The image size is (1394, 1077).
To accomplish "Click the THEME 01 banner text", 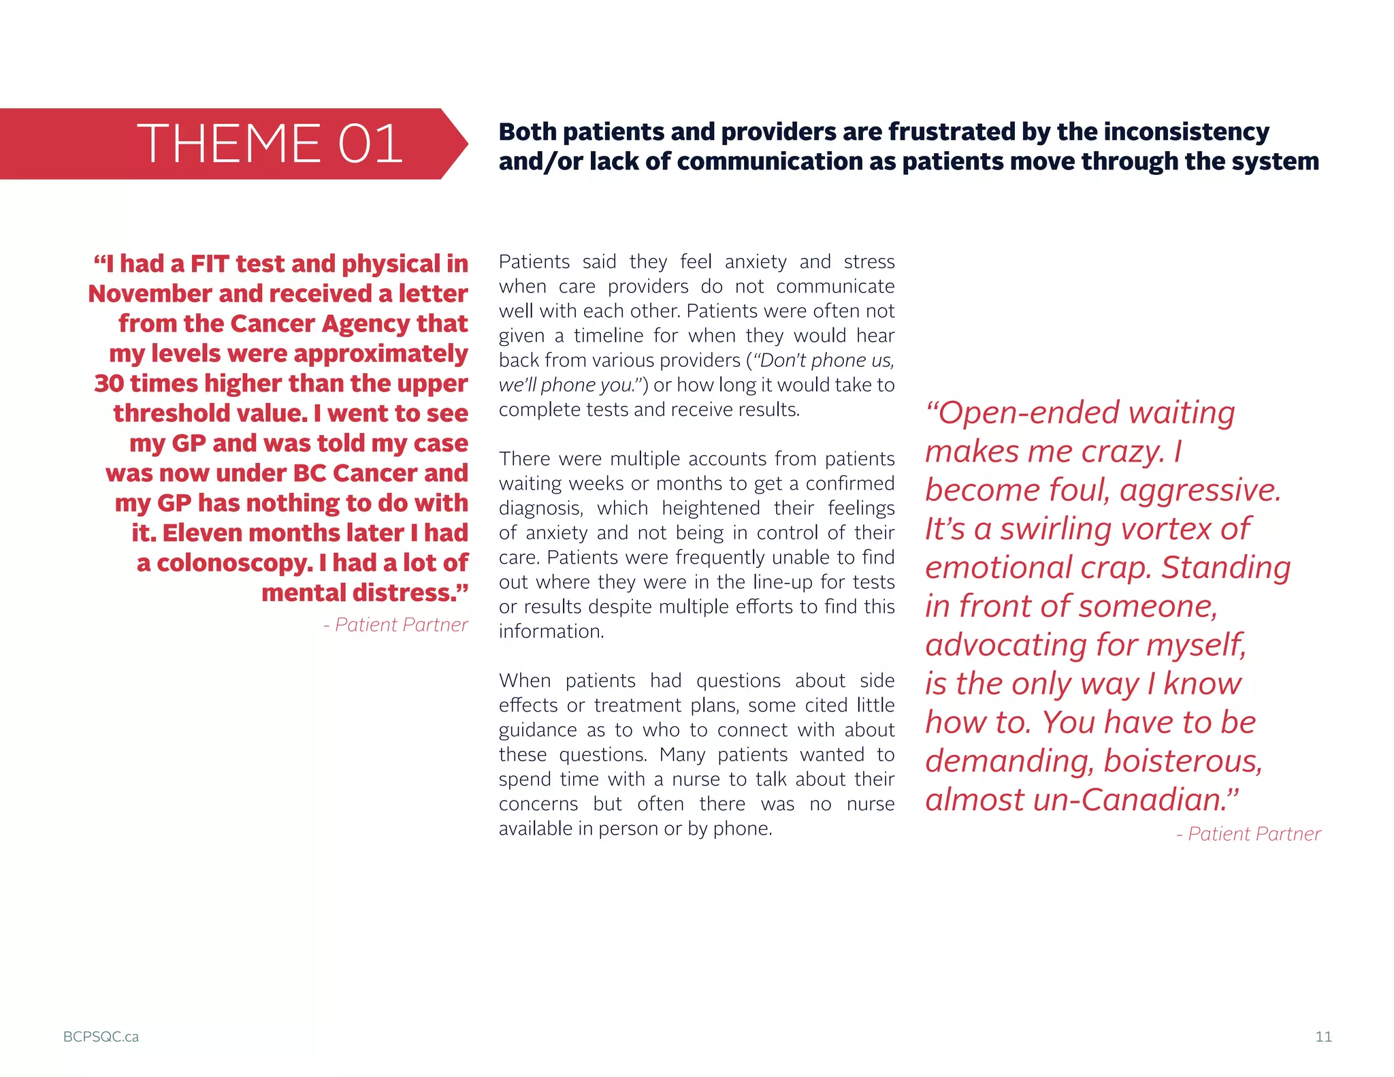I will pyautogui.click(x=270, y=144).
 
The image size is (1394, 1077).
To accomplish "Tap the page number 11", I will pyautogui.click(x=1323, y=1036).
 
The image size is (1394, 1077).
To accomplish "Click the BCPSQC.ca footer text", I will pyautogui.click(x=101, y=1036).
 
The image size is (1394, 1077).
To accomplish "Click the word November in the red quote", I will pyautogui.click(x=150, y=293).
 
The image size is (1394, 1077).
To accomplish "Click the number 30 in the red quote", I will pyautogui.click(x=109, y=383).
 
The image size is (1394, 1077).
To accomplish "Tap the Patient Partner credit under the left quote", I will pyautogui.click(x=395, y=624).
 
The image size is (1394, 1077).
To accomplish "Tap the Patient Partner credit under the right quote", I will pyautogui.click(x=1248, y=833).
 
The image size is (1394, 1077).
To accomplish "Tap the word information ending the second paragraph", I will pyautogui.click(x=551, y=631).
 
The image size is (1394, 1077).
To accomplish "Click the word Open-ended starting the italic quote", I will pyautogui.click(x=1020, y=413).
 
